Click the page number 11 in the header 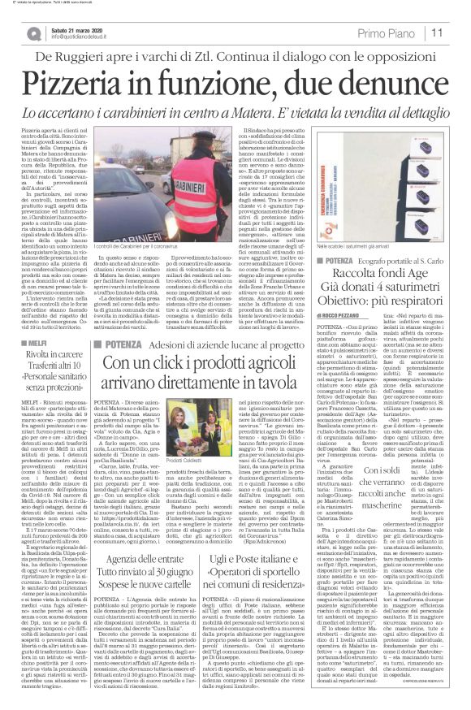tap(458, 33)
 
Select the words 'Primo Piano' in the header tap(406, 33)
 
